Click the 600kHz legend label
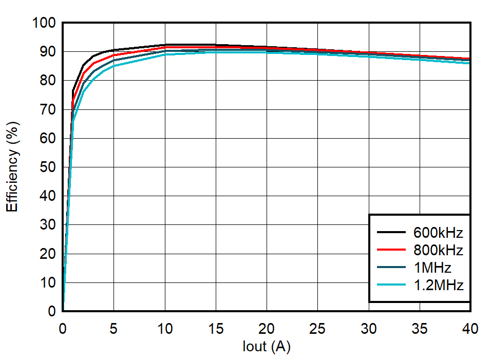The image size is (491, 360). point(438,233)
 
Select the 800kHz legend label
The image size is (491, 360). point(438,250)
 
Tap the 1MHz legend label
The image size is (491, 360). point(432,268)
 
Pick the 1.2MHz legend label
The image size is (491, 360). point(438,285)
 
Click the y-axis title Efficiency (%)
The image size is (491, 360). point(13,166)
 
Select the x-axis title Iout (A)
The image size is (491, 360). point(267,347)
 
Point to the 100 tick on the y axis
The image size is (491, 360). point(44,23)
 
